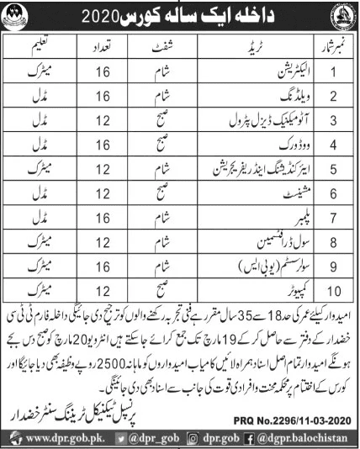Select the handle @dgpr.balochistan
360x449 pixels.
coord(311,438)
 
